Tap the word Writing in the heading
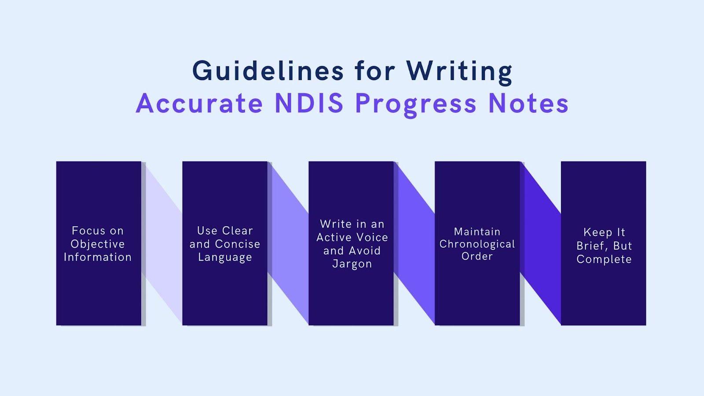pyautogui.click(x=459, y=70)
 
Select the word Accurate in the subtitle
pyautogui.click(x=199, y=103)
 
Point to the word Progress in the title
pyautogui.click(x=416, y=104)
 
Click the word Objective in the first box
pyautogui.click(x=98, y=244)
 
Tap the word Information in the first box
pyautogui.click(x=98, y=257)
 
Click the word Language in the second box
pyautogui.click(x=225, y=257)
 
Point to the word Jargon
pyautogui.click(x=352, y=264)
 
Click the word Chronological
pyautogui.click(x=477, y=244)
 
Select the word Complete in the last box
pyautogui.click(x=604, y=259)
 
